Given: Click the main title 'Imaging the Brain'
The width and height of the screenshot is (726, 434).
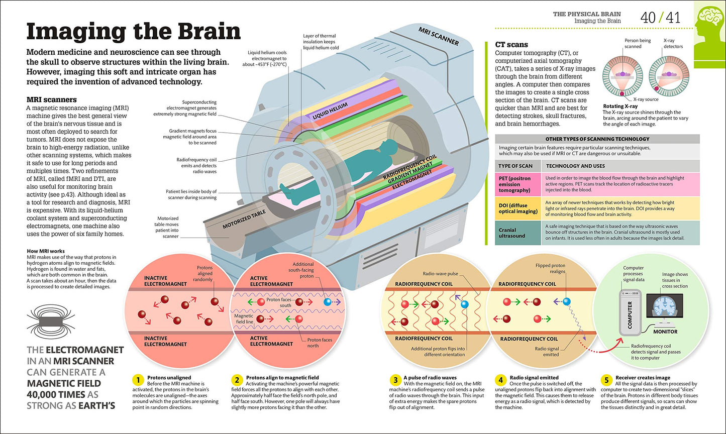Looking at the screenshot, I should coord(133,31).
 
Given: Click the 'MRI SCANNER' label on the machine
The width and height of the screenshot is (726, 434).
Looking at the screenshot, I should coord(439,36).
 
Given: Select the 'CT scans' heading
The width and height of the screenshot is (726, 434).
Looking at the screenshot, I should coord(511,45).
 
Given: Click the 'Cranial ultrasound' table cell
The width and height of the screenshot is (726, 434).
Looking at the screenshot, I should coord(517,233).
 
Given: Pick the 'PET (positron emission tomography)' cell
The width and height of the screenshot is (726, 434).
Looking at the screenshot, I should coord(517,184).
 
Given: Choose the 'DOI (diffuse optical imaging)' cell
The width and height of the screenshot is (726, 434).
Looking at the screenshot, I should coord(517,208).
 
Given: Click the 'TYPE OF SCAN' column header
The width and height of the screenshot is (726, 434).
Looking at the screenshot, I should coord(515,166).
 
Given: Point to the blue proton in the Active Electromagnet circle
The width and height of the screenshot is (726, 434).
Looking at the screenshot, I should coord(328,302).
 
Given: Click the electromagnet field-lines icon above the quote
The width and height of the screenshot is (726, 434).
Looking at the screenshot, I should coord(49,322).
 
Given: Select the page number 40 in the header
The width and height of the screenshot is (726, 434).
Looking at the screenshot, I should coord(648,18).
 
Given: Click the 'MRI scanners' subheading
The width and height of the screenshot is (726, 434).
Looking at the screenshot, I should coord(51,99).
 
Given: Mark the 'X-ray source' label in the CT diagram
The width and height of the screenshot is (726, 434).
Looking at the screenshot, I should coord(646,99).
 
